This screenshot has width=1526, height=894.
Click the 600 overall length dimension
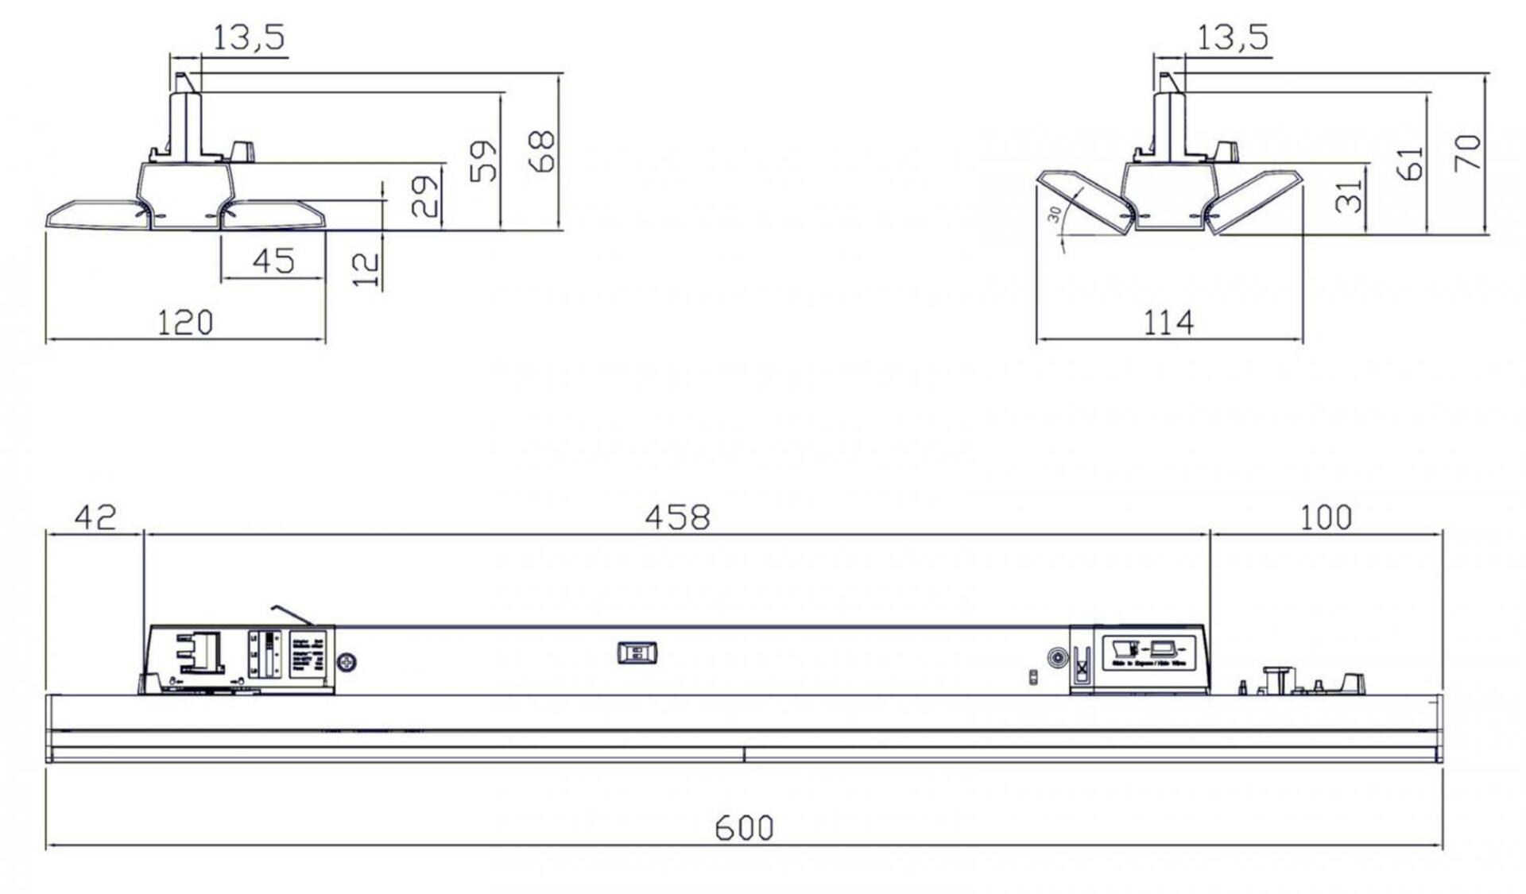click(x=744, y=828)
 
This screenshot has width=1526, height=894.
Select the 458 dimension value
click(x=676, y=518)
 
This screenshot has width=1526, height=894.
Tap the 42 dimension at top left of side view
click(x=95, y=517)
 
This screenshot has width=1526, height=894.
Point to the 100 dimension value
click(x=1325, y=518)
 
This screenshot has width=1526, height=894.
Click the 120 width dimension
click(x=184, y=323)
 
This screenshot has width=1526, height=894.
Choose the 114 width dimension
click(x=1168, y=323)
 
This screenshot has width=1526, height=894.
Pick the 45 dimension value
click(x=273, y=261)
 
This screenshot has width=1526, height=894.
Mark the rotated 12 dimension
click(x=366, y=269)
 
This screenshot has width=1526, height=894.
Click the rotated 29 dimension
click(x=424, y=195)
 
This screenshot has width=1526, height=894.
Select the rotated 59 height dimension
click(x=483, y=161)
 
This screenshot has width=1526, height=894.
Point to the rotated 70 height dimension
click(x=1467, y=153)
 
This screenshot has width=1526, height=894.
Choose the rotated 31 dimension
click(x=1349, y=195)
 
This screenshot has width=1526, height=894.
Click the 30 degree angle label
click(x=1055, y=214)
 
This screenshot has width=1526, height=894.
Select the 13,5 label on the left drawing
click(x=248, y=37)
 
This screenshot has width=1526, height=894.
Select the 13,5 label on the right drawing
click(x=1232, y=37)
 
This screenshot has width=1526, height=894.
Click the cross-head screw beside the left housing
click(x=347, y=661)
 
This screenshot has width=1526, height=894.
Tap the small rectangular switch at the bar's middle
click(x=637, y=653)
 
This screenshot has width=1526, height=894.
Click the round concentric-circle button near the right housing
click(x=1057, y=658)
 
